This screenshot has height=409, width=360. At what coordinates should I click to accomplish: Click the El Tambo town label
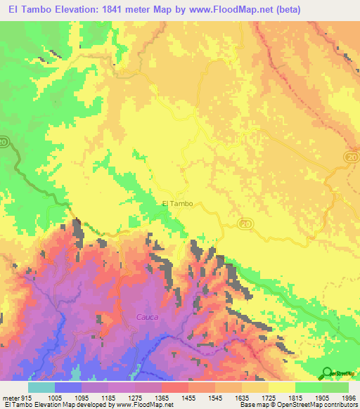(177, 204)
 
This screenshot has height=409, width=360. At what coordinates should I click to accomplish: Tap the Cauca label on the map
(147, 318)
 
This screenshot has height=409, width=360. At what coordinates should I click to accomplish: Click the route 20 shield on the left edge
(4, 142)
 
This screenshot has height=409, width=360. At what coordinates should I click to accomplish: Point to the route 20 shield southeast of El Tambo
(245, 223)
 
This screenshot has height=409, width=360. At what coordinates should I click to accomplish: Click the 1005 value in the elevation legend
(54, 398)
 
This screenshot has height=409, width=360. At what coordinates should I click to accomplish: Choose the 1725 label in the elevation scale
(268, 398)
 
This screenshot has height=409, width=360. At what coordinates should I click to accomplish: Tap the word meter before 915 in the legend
(11, 398)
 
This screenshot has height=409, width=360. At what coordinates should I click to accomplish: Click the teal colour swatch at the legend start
(41, 387)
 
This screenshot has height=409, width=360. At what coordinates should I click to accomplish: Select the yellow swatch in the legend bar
(281, 387)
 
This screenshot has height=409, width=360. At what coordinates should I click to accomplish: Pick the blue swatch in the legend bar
(68, 387)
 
